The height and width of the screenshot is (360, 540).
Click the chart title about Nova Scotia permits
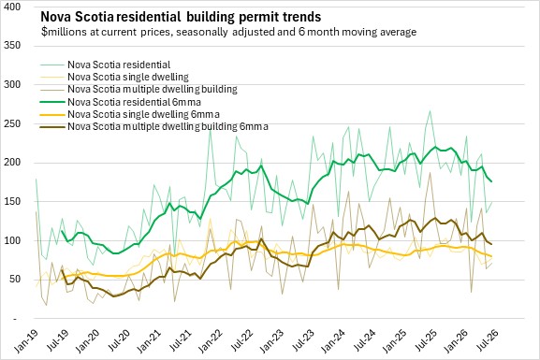coord(181,17)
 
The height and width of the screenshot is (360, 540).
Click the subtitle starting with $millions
coord(228,32)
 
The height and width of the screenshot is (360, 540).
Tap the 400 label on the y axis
coord(12,7)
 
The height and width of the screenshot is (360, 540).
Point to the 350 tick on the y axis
coord(12,46)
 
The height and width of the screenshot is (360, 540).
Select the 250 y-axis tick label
coord(12,123)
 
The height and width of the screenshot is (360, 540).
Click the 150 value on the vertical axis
coord(12,201)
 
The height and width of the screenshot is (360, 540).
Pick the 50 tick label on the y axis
coord(14,280)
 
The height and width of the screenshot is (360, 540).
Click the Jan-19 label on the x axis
coord(26,340)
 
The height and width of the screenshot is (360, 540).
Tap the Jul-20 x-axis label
coord(119,340)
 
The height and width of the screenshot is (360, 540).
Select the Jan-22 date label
coord(210,340)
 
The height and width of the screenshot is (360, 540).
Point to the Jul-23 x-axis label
coord(302,340)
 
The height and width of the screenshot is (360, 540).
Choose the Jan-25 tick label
coord(394,340)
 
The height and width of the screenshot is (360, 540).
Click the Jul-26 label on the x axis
coord(487,340)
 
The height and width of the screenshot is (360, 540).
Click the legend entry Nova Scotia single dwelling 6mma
coord(143,114)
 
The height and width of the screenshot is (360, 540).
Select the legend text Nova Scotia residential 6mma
coord(135,102)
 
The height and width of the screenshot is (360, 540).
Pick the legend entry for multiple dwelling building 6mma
coord(168,126)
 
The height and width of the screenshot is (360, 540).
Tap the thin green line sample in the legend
coord(52,65)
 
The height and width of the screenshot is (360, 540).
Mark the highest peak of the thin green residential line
coord(430,111)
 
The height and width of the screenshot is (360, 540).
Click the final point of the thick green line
coord(491,181)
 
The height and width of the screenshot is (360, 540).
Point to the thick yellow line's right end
coord(491,256)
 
